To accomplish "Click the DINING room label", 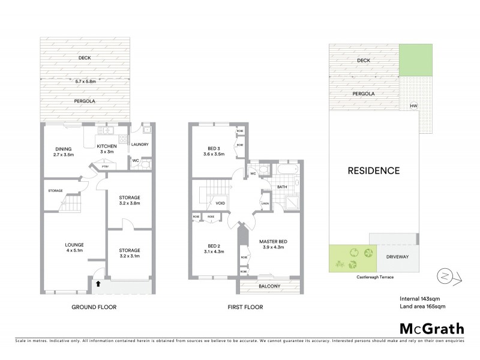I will click(x=64, y=149).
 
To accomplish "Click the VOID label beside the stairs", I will click(x=220, y=203).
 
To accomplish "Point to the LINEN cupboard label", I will click(x=265, y=203).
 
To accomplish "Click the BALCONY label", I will click(x=270, y=286).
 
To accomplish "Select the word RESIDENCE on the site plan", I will click(x=374, y=170).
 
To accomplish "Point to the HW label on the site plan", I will click(x=413, y=107).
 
